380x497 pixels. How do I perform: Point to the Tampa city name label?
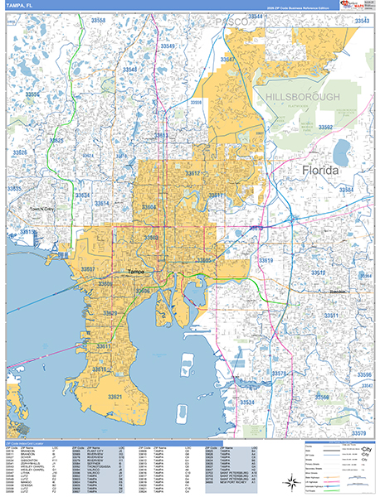pos(138,272)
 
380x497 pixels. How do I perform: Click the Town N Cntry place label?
pos(46,210)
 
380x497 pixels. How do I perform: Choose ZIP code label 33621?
pos(114,398)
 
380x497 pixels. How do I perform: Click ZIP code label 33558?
pos(99,19)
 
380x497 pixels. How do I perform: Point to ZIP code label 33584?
pos(346,190)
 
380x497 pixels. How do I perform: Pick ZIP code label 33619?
pos(266,261)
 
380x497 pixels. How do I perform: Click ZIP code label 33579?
pos(358,433)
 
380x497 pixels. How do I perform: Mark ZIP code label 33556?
pos(32,94)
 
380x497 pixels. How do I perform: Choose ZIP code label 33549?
pos(168,46)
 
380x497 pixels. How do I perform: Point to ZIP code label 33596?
pos(363,375)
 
